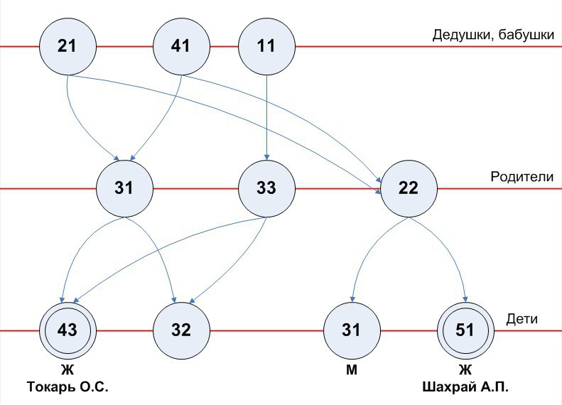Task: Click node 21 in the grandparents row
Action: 67,47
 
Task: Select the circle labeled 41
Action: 181,47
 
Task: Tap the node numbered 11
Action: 266,47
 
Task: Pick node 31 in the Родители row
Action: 124,188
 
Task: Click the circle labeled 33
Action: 266,188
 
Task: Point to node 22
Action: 409,188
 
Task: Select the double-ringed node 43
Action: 67,330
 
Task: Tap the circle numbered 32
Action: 181,330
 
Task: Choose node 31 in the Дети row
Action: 352,330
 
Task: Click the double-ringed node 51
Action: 465,330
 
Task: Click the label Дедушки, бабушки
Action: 492,34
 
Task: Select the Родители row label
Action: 522,176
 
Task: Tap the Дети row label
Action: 522,319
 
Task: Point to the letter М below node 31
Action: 352,370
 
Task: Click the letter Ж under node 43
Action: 67,370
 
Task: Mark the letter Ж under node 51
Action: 465,370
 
